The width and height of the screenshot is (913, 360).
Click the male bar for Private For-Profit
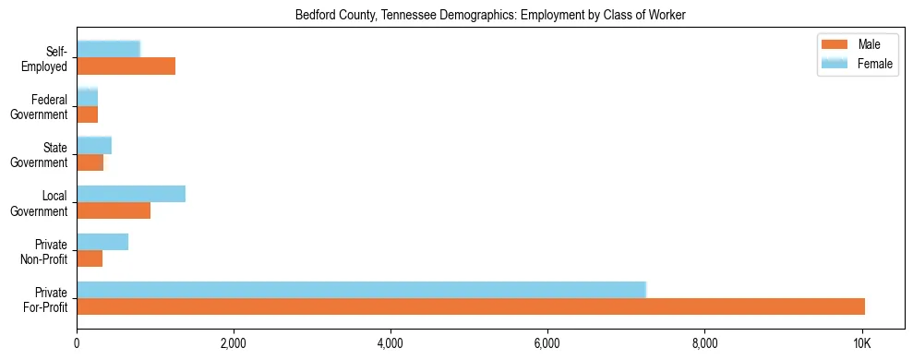(x=471, y=306)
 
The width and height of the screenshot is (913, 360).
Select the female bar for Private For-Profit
(x=361, y=290)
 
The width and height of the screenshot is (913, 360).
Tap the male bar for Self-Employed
(x=126, y=66)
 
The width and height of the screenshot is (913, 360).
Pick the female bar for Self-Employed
(x=108, y=49)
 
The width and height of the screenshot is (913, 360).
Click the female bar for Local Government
(x=131, y=194)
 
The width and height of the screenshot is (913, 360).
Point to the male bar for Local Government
(x=114, y=210)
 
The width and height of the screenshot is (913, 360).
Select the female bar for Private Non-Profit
(x=102, y=242)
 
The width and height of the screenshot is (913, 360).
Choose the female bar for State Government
(x=94, y=145)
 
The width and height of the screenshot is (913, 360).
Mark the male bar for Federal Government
(x=87, y=114)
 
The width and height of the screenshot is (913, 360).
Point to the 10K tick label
(x=861, y=343)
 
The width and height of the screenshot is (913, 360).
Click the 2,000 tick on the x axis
(x=234, y=343)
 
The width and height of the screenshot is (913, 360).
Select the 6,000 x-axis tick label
(x=547, y=343)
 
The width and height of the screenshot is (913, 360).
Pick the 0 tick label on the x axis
(x=77, y=343)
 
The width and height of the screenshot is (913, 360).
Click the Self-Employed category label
(x=50, y=58)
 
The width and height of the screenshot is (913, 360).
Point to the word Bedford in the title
(x=314, y=16)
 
